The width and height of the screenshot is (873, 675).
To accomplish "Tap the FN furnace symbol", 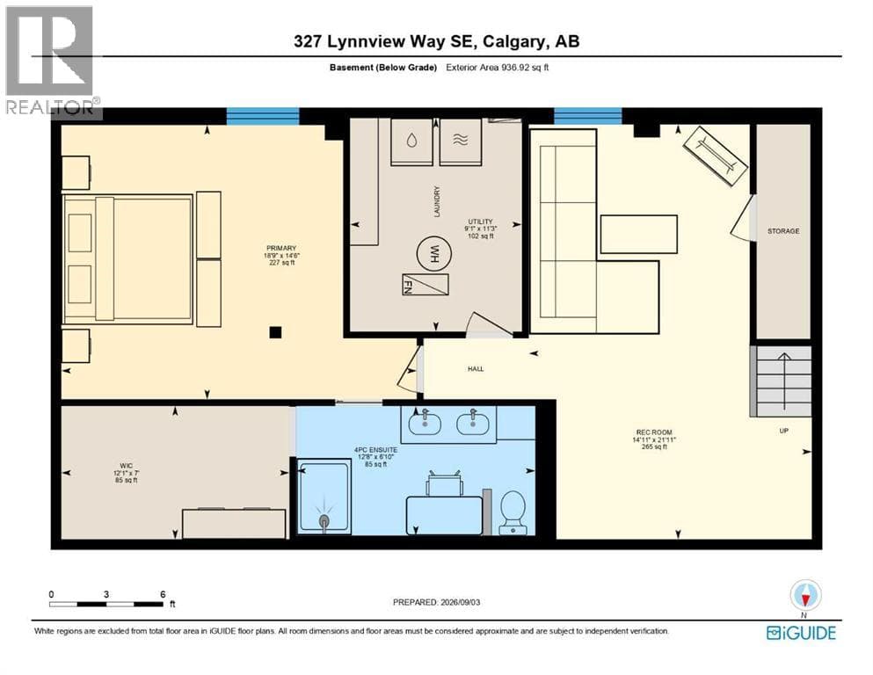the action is pyautogui.click(x=426, y=285).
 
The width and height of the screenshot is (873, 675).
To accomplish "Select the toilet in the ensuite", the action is pyautogui.click(x=513, y=512).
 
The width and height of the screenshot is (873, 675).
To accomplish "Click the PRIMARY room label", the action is pyautogui.click(x=281, y=248).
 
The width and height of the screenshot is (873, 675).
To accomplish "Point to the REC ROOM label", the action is pyautogui.click(x=653, y=432).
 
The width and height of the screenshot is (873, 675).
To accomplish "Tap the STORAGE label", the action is pyautogui.click(x=783, y=231).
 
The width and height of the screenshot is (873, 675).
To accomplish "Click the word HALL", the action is pyautogui.click(x=476, y=369).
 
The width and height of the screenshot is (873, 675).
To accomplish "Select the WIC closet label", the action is pyautogui.click(x=126, y=466).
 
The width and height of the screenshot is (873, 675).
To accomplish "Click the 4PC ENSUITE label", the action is pyautogui.click(x=375, y=450).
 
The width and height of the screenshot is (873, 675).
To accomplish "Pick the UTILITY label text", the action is pyautogui.click(x=481, y=221).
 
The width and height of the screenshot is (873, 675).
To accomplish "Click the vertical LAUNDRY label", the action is pyautogui.click(x=437, y=201).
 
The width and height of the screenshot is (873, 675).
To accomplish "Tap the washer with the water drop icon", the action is pyautogui.click(x=411, y=142).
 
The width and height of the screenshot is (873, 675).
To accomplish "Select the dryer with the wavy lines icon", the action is pyautogui.click(x=461, y=142).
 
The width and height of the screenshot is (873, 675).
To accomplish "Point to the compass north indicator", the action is pyautogui.click(x=805, y=596).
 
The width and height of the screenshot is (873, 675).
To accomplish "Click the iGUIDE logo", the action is pyautogui.click(x=801, y=634).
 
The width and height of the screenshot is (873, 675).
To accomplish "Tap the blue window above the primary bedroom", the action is pyautogui.click(x=263, y=116).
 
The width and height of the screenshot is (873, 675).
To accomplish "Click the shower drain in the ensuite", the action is pyautogui.click(x=324, y=520).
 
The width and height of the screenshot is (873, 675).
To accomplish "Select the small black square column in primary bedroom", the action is pyautogui.click(x=275, y=332).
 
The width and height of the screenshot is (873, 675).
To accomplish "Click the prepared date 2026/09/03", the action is pyautogui.click(x=460, y=602).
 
